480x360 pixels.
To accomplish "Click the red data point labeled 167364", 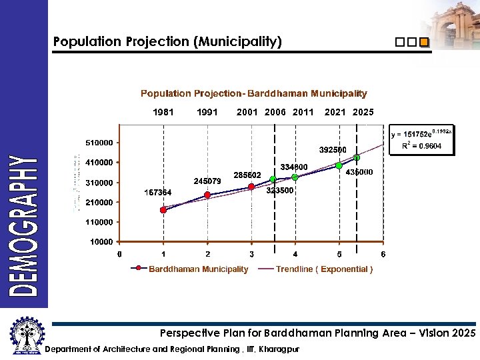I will pos(163,210).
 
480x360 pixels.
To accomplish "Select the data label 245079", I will pos(207,181).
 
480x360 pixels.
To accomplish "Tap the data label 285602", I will pos(247,175).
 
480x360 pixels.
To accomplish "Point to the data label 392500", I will pos(333,149).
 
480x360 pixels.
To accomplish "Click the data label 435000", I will pos(359,172).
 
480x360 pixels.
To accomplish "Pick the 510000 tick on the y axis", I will pos(99,143).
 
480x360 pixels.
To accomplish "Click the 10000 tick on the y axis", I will pos(101,242).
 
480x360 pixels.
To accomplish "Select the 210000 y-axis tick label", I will pos(99,202).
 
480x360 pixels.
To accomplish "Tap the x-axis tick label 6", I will pos(383,254).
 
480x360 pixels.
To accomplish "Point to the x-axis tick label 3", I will pos(251,254).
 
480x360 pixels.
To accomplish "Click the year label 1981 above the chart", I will pos(163,112).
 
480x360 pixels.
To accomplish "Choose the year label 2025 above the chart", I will pos(363,112).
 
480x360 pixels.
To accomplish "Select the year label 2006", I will pos(275,112).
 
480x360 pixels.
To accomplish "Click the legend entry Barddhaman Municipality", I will pos(198,269).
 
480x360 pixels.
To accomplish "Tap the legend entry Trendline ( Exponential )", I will pos(324,269).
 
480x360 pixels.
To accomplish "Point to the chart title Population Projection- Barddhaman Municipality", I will pos(253,94).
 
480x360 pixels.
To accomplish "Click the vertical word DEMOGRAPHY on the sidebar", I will pos(23,225).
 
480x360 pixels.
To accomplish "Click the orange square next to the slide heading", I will pos(424,43).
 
